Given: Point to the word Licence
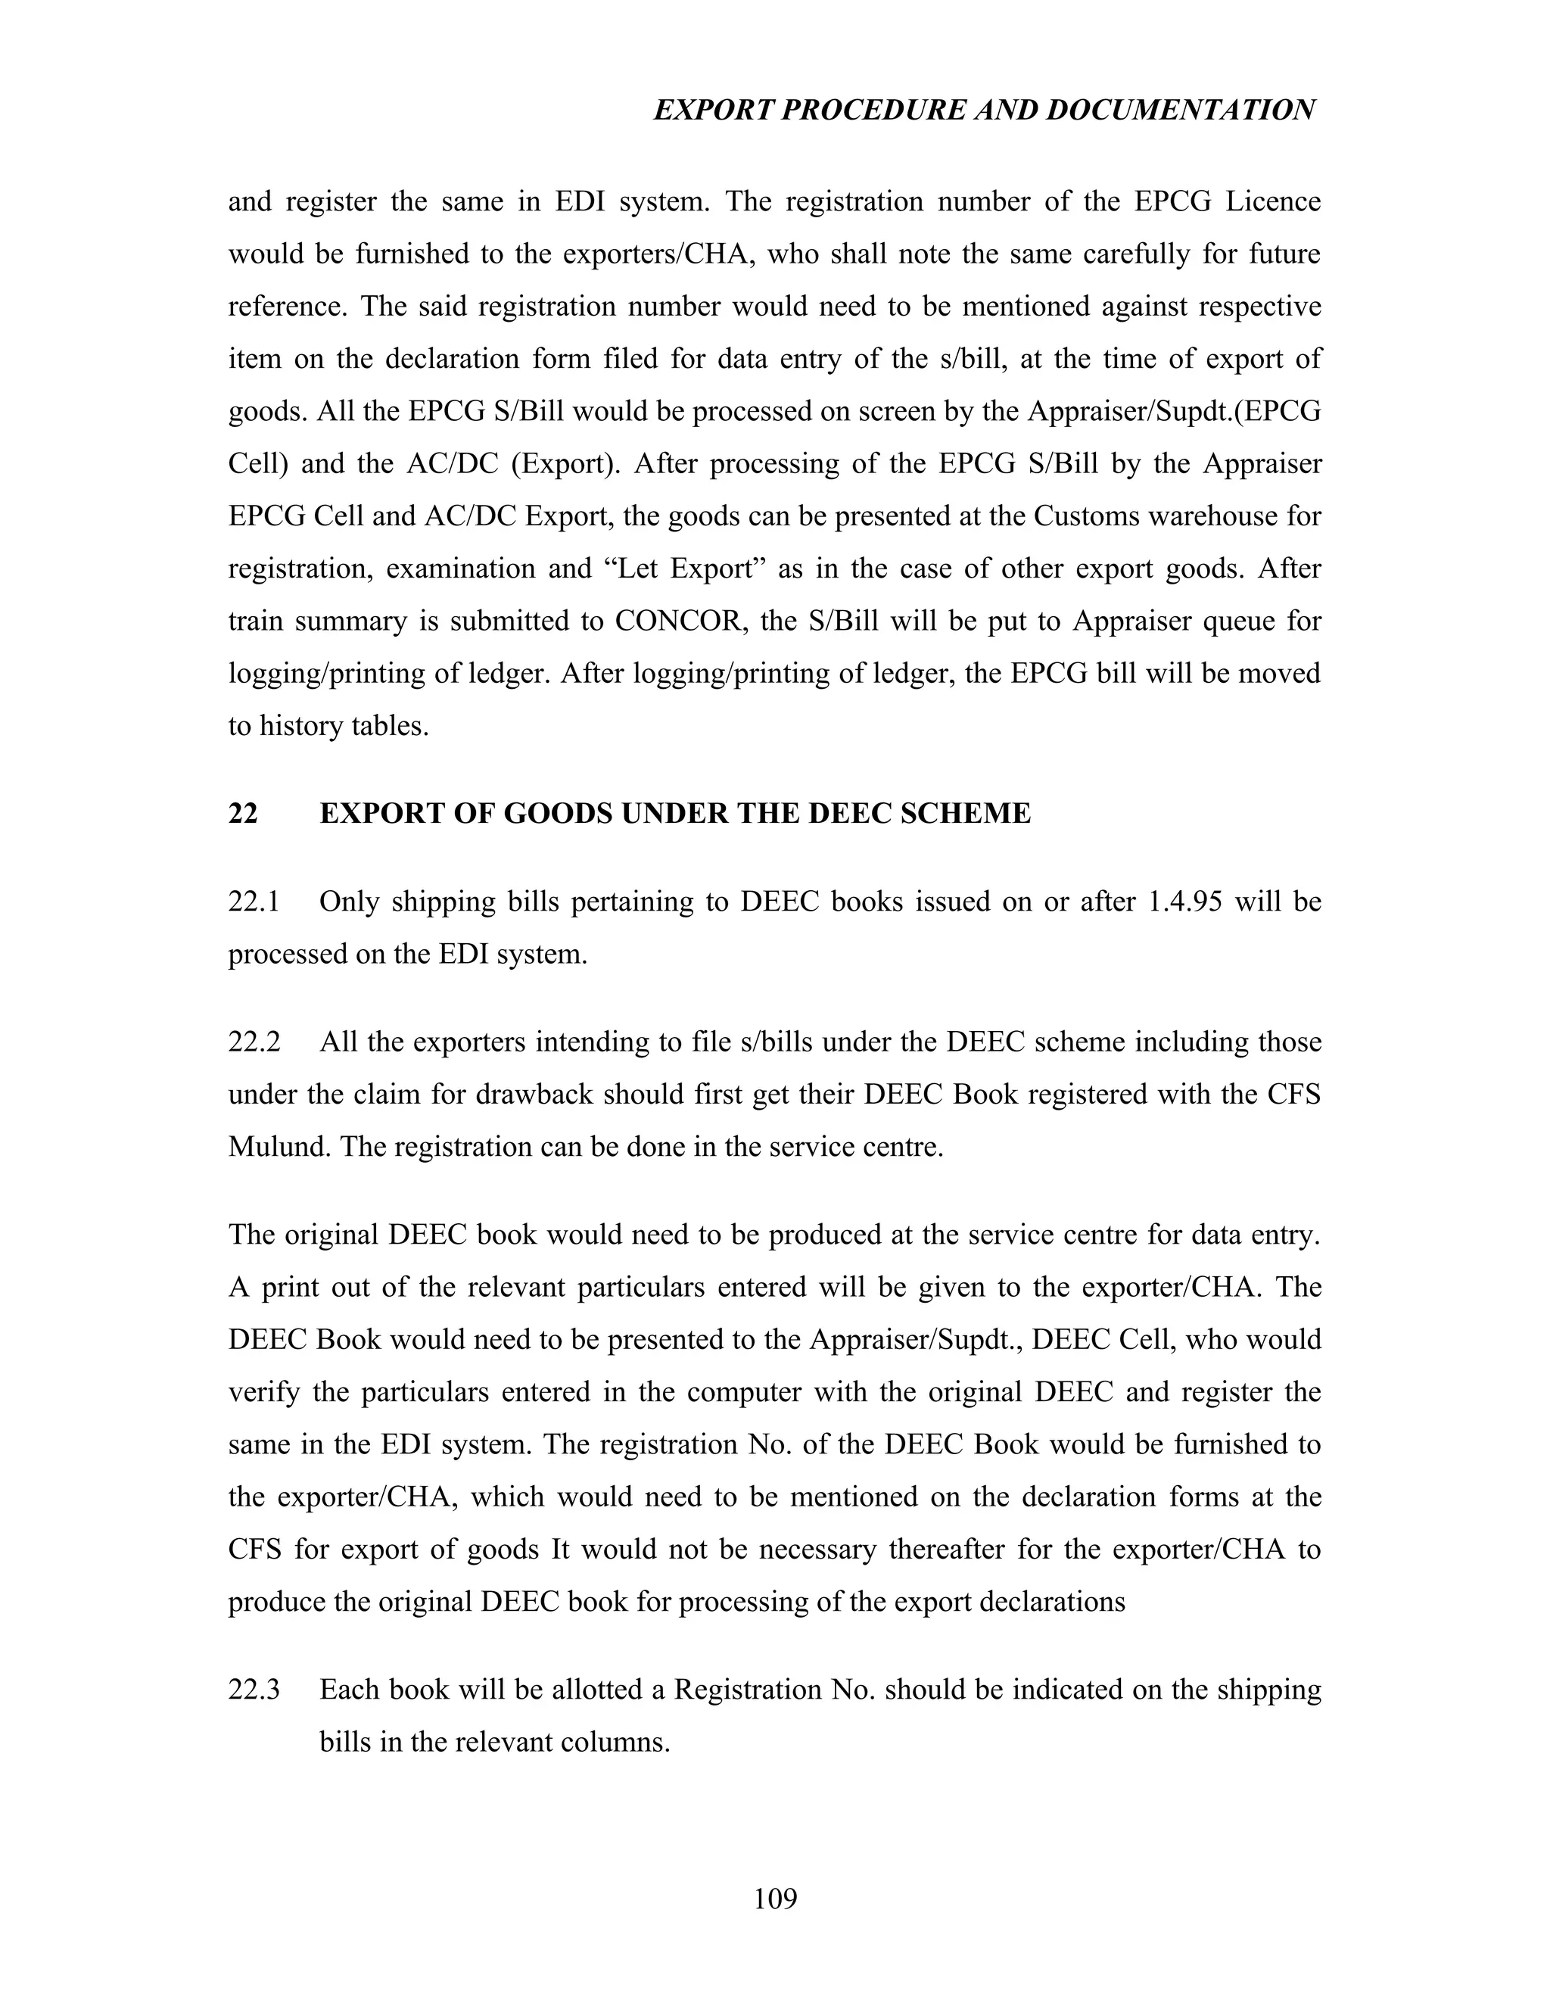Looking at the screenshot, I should click(1273, 201).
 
